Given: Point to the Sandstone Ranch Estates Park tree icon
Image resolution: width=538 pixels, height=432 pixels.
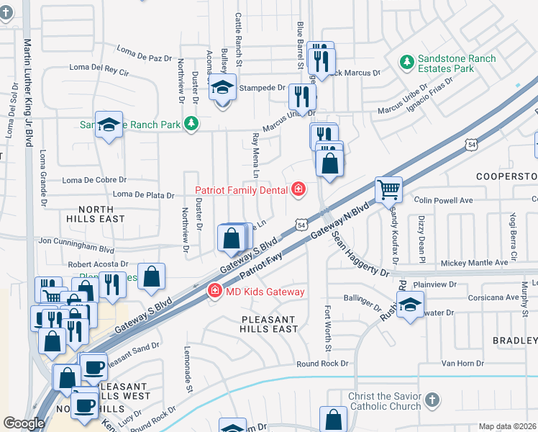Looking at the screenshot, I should tap(407, 63).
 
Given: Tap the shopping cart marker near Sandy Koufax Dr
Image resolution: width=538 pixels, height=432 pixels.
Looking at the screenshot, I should tap(388, 190).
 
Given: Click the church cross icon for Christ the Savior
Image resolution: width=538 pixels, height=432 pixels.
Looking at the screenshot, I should tap(432, 400).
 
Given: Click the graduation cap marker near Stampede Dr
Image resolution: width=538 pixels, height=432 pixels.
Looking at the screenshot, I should tap(222, 89).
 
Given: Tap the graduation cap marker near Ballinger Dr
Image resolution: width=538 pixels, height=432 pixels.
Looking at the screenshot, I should tap(410, 305).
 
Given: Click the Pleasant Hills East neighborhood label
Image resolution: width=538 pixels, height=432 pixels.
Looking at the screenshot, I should tap(269, 324).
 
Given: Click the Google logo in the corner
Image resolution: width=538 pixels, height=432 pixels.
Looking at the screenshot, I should tap(23, 423).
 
